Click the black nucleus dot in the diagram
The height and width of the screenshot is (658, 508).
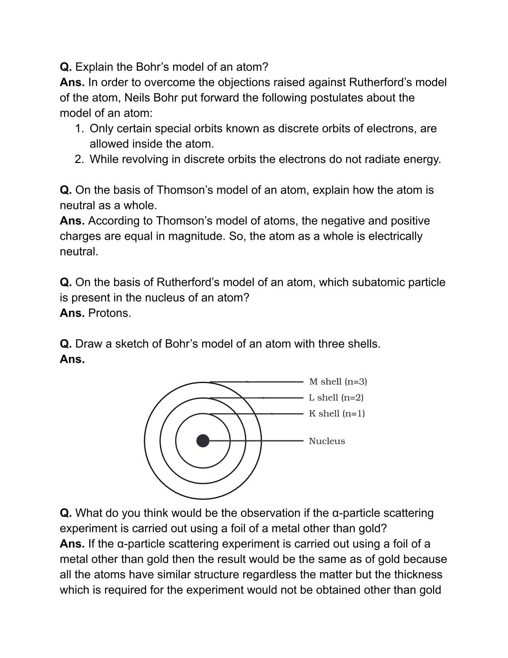click(203, 441)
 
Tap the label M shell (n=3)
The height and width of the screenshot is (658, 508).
click(338, 382)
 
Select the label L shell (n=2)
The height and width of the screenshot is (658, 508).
click(336, 398)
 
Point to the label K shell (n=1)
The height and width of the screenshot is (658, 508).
click(337, 413)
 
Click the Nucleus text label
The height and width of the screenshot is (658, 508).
click(327, 441)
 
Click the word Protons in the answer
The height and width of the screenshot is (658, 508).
click(110, 313)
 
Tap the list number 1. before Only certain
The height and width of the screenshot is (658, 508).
click(80, 128)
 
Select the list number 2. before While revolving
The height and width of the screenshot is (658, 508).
click(80, 159)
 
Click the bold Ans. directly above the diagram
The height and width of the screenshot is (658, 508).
click(72, 359)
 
